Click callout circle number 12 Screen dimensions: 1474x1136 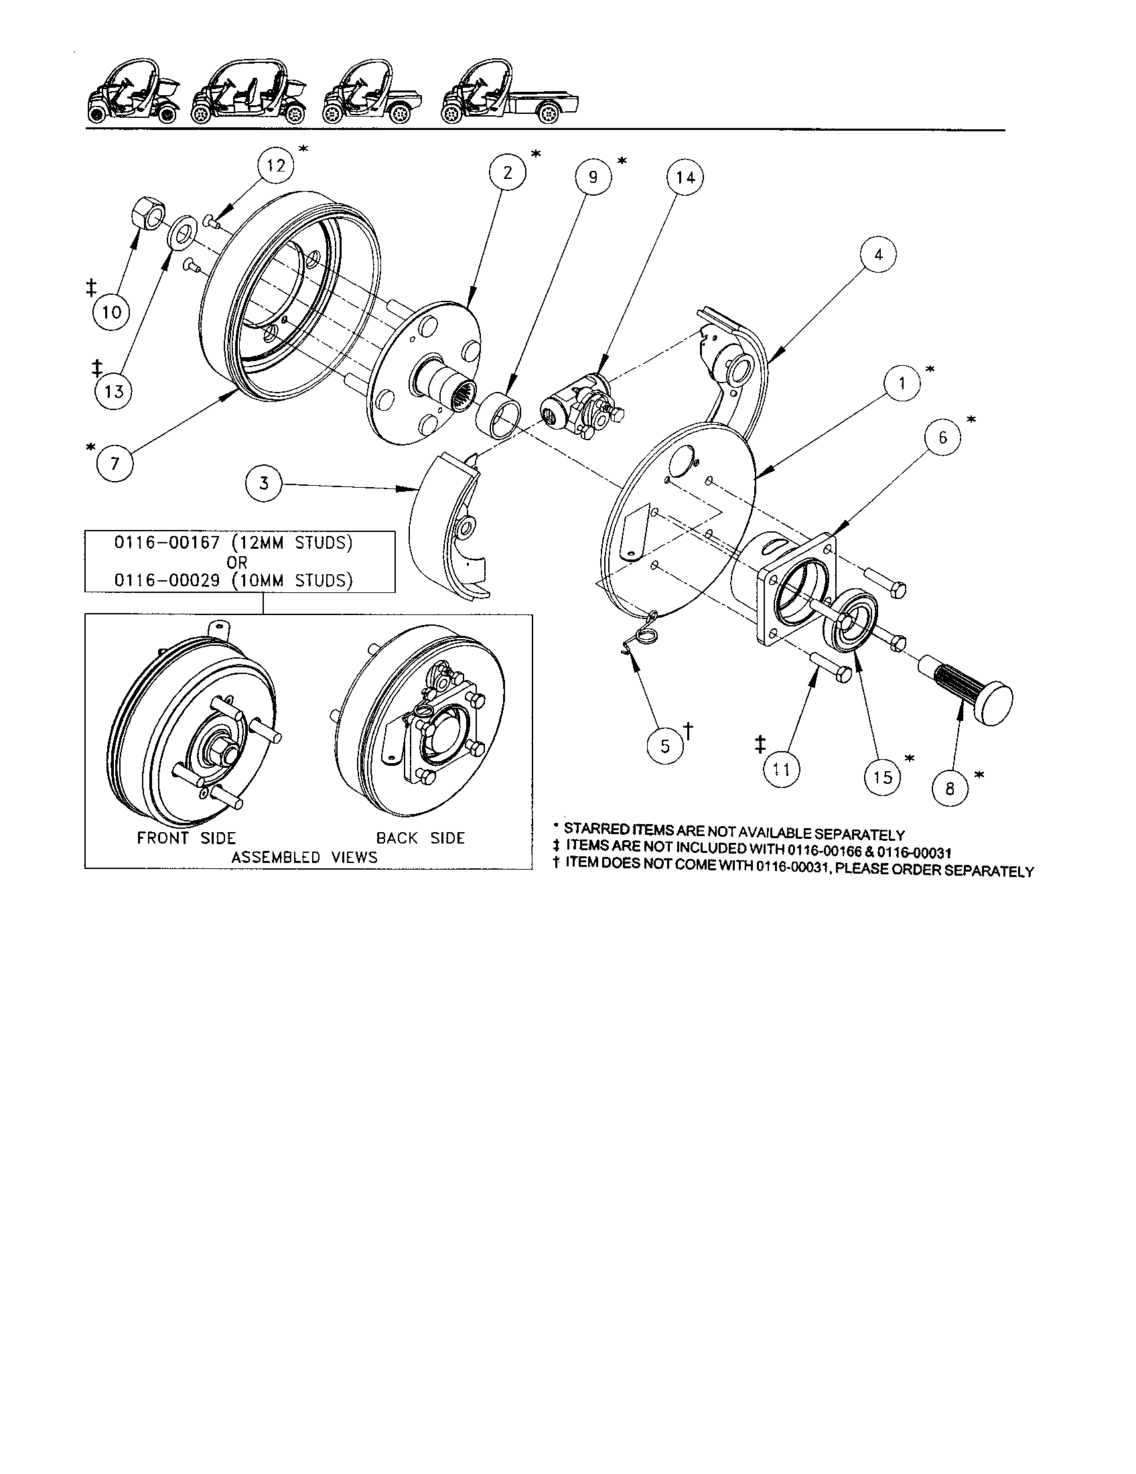point(276,165)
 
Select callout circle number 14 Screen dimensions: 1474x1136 point(685,178)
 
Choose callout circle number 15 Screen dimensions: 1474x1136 point(882,777)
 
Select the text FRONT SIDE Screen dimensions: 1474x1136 point(186,838)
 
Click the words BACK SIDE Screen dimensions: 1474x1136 point(420,838)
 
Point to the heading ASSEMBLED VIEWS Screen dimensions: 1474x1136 point(304,857)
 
